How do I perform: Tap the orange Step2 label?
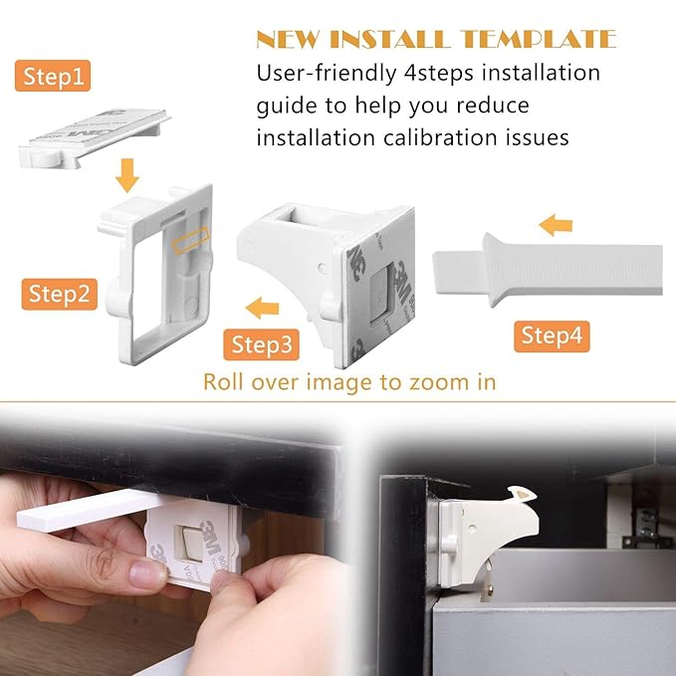[x=60, y=294]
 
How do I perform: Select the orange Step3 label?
[x=262, y=345]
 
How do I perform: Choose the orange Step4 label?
[x=551, y=336]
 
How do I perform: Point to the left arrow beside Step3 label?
[x=263, y=307]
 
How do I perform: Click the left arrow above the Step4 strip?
[x=557, y=225]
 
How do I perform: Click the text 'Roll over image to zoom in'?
[x=349, y=381]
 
